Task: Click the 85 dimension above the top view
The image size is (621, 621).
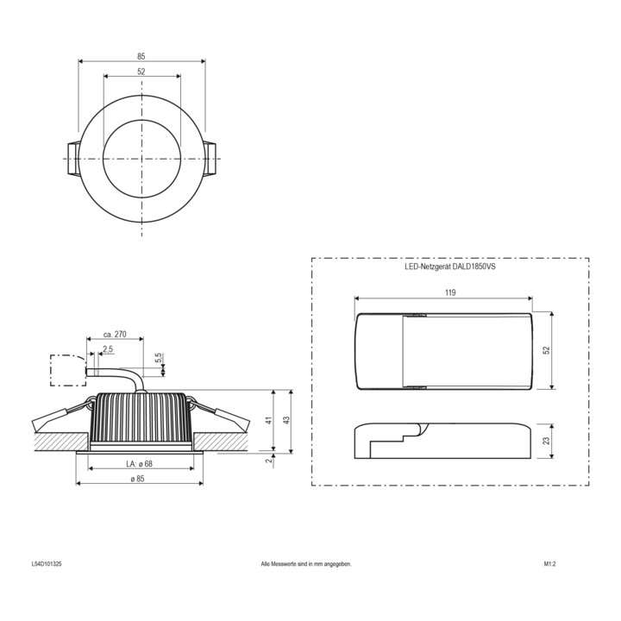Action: (141, 57)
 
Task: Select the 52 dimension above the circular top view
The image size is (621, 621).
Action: (141, 72)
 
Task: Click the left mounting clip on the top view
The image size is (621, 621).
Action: (73, 159)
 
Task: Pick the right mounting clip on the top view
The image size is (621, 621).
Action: (210, 159)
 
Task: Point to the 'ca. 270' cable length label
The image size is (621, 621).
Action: (115, 335)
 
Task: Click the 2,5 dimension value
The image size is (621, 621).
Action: (108, 349)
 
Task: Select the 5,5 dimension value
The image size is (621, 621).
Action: (158, 358)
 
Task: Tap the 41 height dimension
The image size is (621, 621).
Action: (269, 420)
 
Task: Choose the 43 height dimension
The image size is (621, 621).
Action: (287, 419)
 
